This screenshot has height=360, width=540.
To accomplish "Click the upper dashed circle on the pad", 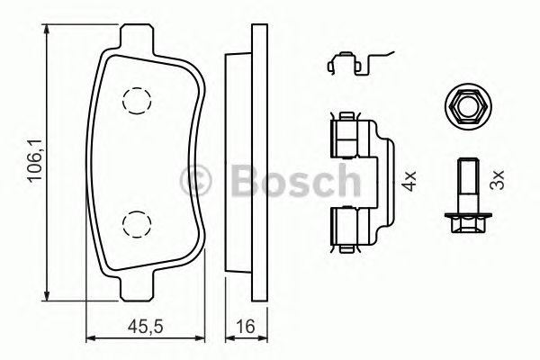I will [x=136, y=102].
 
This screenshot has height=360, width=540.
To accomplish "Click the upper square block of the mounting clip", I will [x=346, y=136].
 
